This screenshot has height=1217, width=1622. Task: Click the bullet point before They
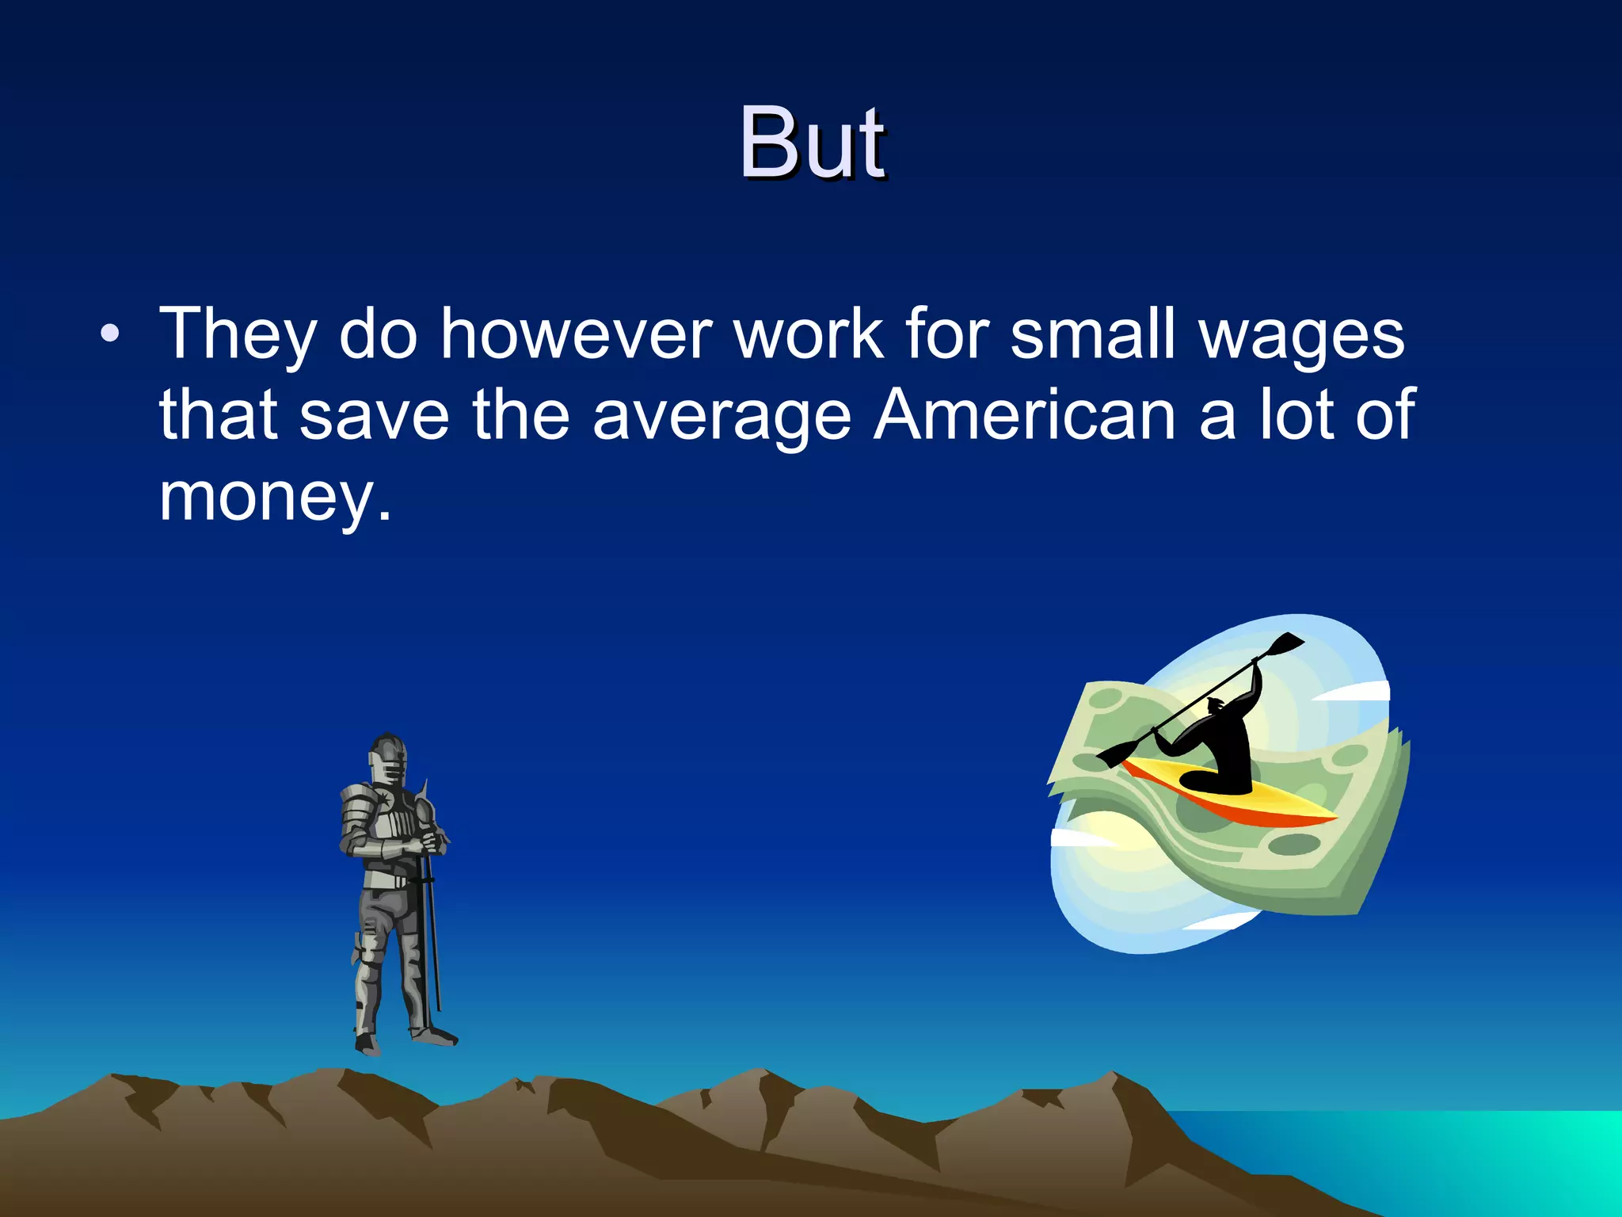pyautogui.click(x=110, y=334)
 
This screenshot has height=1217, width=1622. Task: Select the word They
pyautogui.click(x=238, y=335)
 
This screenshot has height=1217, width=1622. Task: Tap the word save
pyautogui.click(x=374, y=416)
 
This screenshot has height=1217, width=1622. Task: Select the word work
pyautogui.click(x=809, y=334)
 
